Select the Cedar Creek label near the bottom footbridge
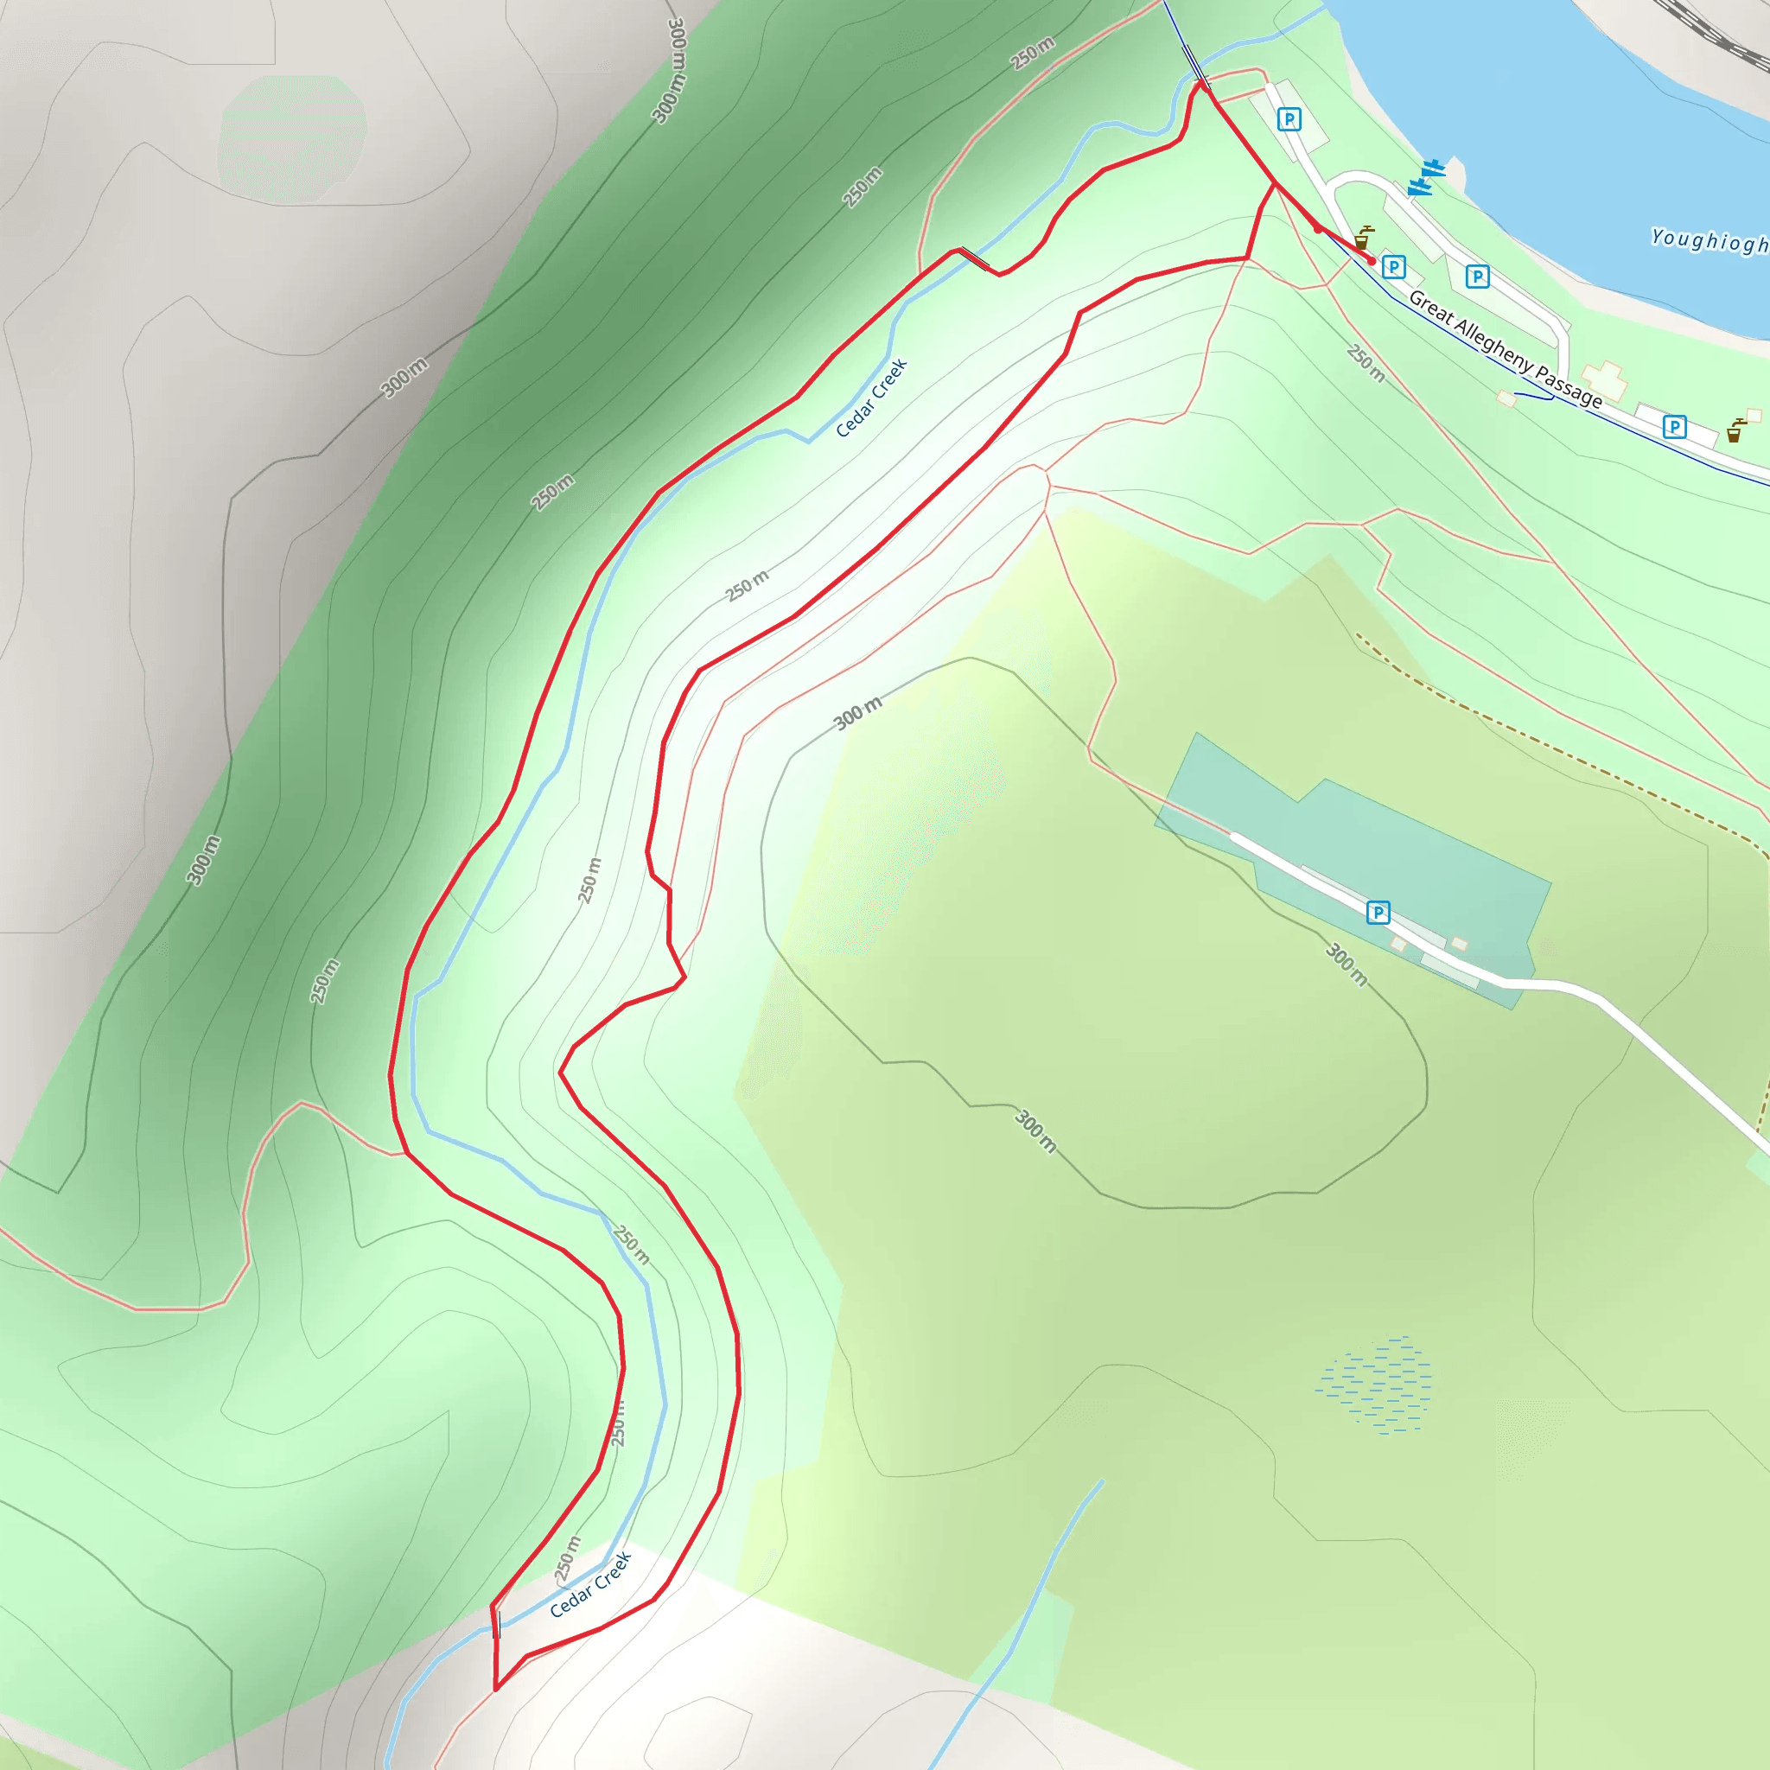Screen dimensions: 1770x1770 (591, 1584)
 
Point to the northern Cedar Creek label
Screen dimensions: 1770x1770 (870, 398)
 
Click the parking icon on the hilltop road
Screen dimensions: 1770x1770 (1378, 913)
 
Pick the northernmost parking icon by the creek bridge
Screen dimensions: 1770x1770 (1289, 119)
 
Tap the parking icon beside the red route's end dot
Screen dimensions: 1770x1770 (1393, 266)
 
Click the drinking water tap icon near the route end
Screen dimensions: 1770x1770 (1363, 238)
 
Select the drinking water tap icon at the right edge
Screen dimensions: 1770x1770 (1735, 430)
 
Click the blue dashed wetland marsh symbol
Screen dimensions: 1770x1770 (1374, 1385)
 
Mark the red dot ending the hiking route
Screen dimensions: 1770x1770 (1372, 261)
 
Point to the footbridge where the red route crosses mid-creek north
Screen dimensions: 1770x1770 (974, 258)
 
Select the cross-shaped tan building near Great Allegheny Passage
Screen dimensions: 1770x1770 (1603, 380)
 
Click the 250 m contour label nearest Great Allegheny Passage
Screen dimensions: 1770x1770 (1365, 363)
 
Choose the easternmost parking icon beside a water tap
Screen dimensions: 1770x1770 (1675, 426)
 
